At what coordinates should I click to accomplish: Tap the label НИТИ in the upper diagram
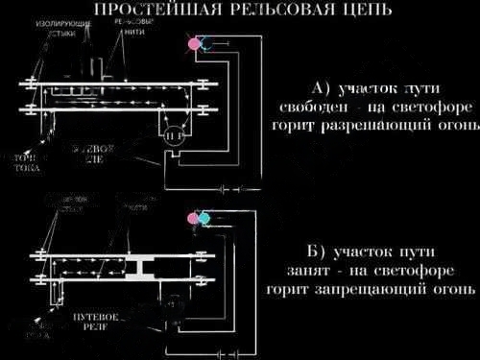click(136, 31)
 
